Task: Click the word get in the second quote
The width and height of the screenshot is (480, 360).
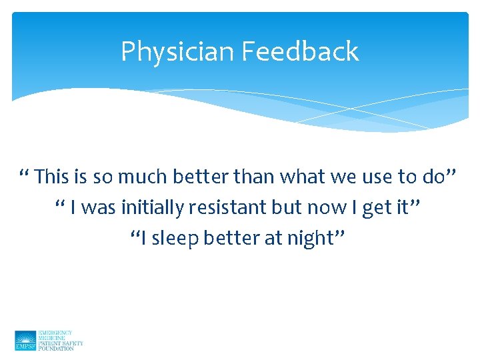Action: coord(377,208)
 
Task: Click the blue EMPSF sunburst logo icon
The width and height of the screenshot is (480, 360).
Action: coord(25,340)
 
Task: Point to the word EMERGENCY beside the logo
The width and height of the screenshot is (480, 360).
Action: coord(55,333)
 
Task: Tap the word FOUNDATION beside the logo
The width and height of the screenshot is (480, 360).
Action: coord(57,348)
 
